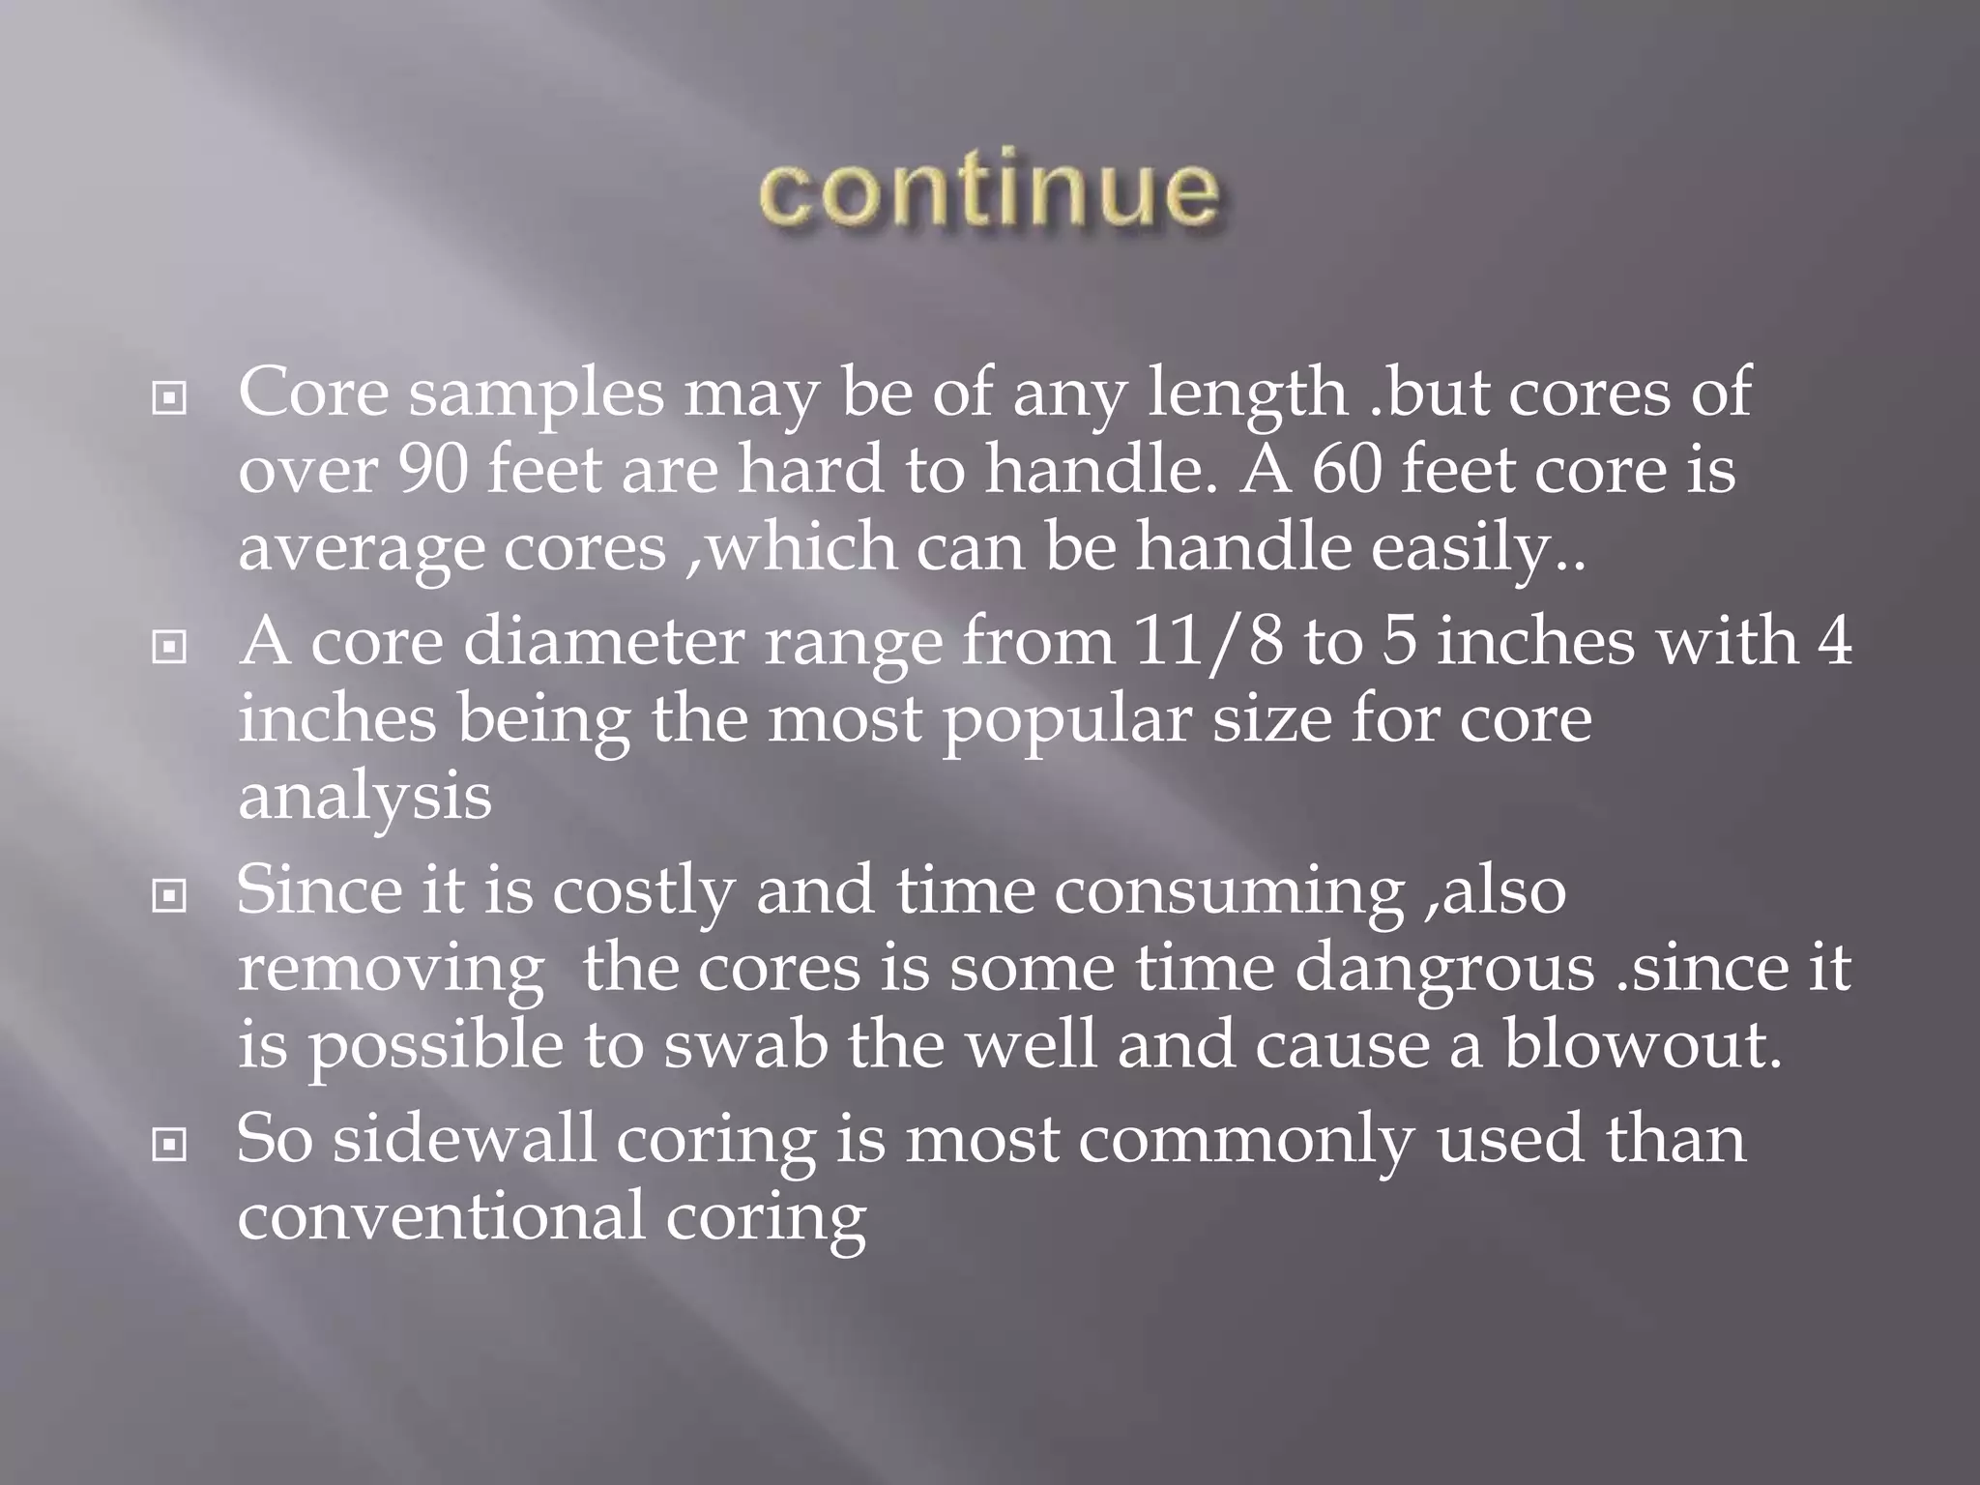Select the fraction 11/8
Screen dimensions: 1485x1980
[1208, 642]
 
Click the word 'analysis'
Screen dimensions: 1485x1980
[364, 799]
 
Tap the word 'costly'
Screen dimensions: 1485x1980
[643, 891]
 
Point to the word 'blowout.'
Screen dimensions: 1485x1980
[1642, 1046]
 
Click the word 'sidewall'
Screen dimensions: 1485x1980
[464, 1139]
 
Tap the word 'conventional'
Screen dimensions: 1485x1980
[441, 1216]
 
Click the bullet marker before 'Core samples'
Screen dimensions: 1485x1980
[170, 398]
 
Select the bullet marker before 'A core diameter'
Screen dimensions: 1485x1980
[170, 647]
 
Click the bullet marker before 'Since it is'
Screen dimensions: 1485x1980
[170, 896]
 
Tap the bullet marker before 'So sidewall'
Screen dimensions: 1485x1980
[170, 1146]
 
